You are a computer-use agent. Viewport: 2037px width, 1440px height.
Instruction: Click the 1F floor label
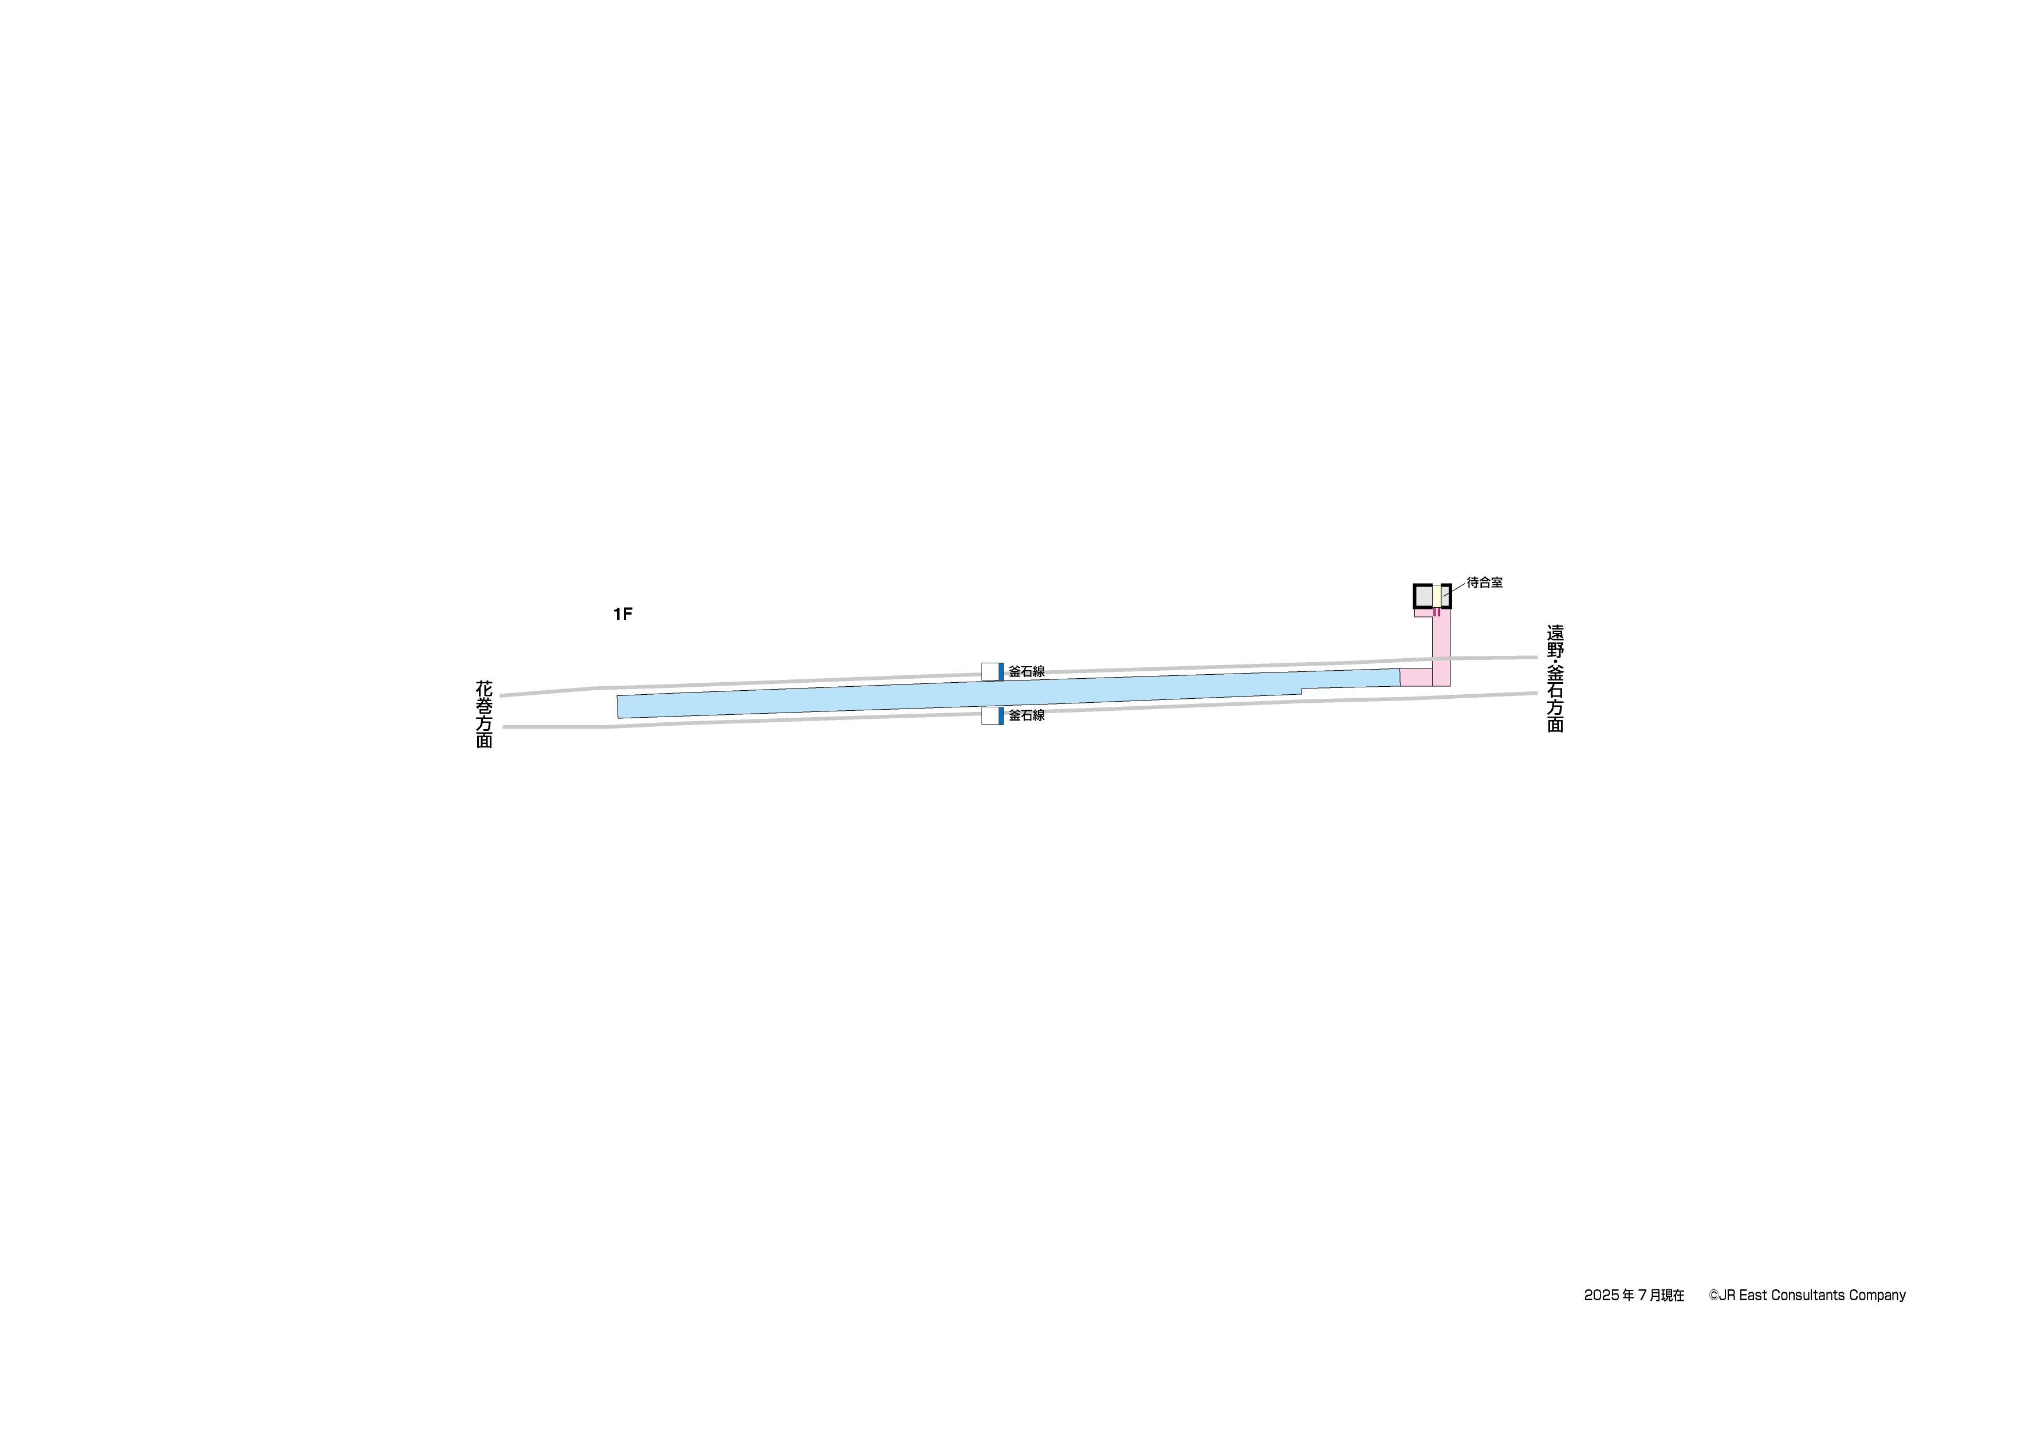(x=622, y=614)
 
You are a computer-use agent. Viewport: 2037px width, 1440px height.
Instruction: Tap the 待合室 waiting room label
(x=1484, y=583)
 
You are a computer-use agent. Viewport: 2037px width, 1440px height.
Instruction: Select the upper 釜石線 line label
(x=1027, y=672)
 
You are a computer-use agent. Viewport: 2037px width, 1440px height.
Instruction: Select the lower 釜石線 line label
(x=1027, y=715)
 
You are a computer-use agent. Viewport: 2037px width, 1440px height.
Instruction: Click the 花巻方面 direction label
(x=485, y=714)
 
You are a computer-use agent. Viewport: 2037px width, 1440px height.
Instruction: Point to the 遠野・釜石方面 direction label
(x=1555, y=679)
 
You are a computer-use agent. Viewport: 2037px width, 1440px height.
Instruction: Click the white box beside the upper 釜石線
(x=990, y=672)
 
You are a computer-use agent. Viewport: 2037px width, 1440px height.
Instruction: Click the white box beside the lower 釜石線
(x=990, y=716)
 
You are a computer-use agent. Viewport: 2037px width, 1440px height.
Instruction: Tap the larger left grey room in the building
(x=1423, y=596)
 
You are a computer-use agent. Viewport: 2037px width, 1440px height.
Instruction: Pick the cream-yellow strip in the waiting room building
(x=1436, y=596)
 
